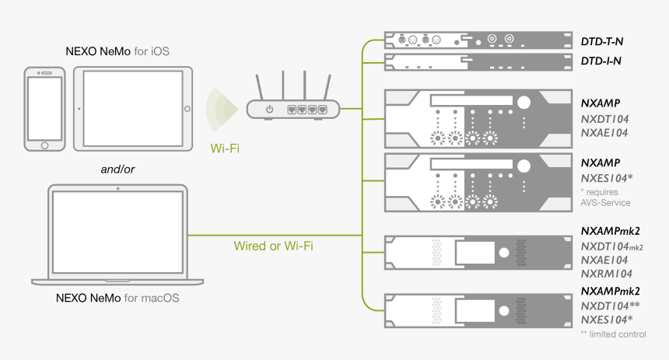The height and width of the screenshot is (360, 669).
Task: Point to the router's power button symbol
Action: (269, 110)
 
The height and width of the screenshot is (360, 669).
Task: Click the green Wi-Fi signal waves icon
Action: (221, 108)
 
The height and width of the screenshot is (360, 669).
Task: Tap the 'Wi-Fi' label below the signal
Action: (225, 146)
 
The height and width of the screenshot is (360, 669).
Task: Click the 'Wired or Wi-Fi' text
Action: (273, 246)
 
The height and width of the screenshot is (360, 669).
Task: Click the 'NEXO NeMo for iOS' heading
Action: (117, 51)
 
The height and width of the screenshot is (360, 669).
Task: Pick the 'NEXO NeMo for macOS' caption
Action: (117, 298)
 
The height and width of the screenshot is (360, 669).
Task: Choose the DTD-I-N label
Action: (601, 60)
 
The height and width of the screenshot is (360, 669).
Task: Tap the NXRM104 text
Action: (607, 274)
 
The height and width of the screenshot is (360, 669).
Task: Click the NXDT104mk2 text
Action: (612, 246)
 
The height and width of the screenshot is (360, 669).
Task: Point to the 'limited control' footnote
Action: (613, 334)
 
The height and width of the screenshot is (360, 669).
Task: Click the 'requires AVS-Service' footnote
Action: (605, 197)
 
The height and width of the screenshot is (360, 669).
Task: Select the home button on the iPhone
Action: (45, 145)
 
